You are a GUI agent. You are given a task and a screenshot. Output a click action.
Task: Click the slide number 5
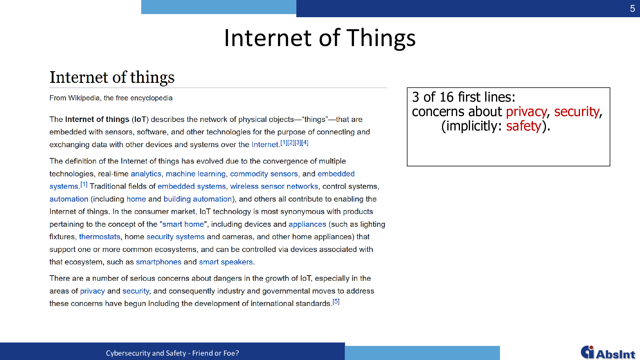coord(632,8)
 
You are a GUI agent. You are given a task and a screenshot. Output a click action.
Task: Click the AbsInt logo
coord(608,352)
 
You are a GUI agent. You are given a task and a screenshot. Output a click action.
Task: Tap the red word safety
coord(524,126)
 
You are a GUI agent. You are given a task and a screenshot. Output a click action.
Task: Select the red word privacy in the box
coord(526,112)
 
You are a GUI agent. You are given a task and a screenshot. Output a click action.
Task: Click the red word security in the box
coord(576,112)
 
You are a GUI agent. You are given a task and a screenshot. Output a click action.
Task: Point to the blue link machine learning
coord(196,174)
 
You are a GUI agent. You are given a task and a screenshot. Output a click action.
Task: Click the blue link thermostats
coord(100,236)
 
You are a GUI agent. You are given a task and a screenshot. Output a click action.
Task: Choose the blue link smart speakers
coord(226,262)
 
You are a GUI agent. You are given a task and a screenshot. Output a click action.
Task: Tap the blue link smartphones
coord(158,262)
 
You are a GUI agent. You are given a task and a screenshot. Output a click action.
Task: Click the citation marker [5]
coord(336,302)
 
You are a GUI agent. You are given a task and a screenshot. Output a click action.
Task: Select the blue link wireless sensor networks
coord(274,186)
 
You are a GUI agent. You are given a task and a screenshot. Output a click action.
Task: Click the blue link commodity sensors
coord(264,174)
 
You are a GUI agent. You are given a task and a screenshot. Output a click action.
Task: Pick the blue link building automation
coord(198,199)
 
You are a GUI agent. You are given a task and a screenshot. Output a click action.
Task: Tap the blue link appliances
coord(307,224)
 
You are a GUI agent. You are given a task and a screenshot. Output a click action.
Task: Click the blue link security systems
coord(176,236)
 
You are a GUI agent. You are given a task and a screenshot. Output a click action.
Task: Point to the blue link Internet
coord(264,144)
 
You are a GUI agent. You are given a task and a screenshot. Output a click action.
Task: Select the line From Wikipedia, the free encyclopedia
coord(111,98)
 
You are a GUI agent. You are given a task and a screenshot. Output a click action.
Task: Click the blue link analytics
coord(146,174)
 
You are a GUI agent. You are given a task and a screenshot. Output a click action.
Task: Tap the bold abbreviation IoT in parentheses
coord(140,120)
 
